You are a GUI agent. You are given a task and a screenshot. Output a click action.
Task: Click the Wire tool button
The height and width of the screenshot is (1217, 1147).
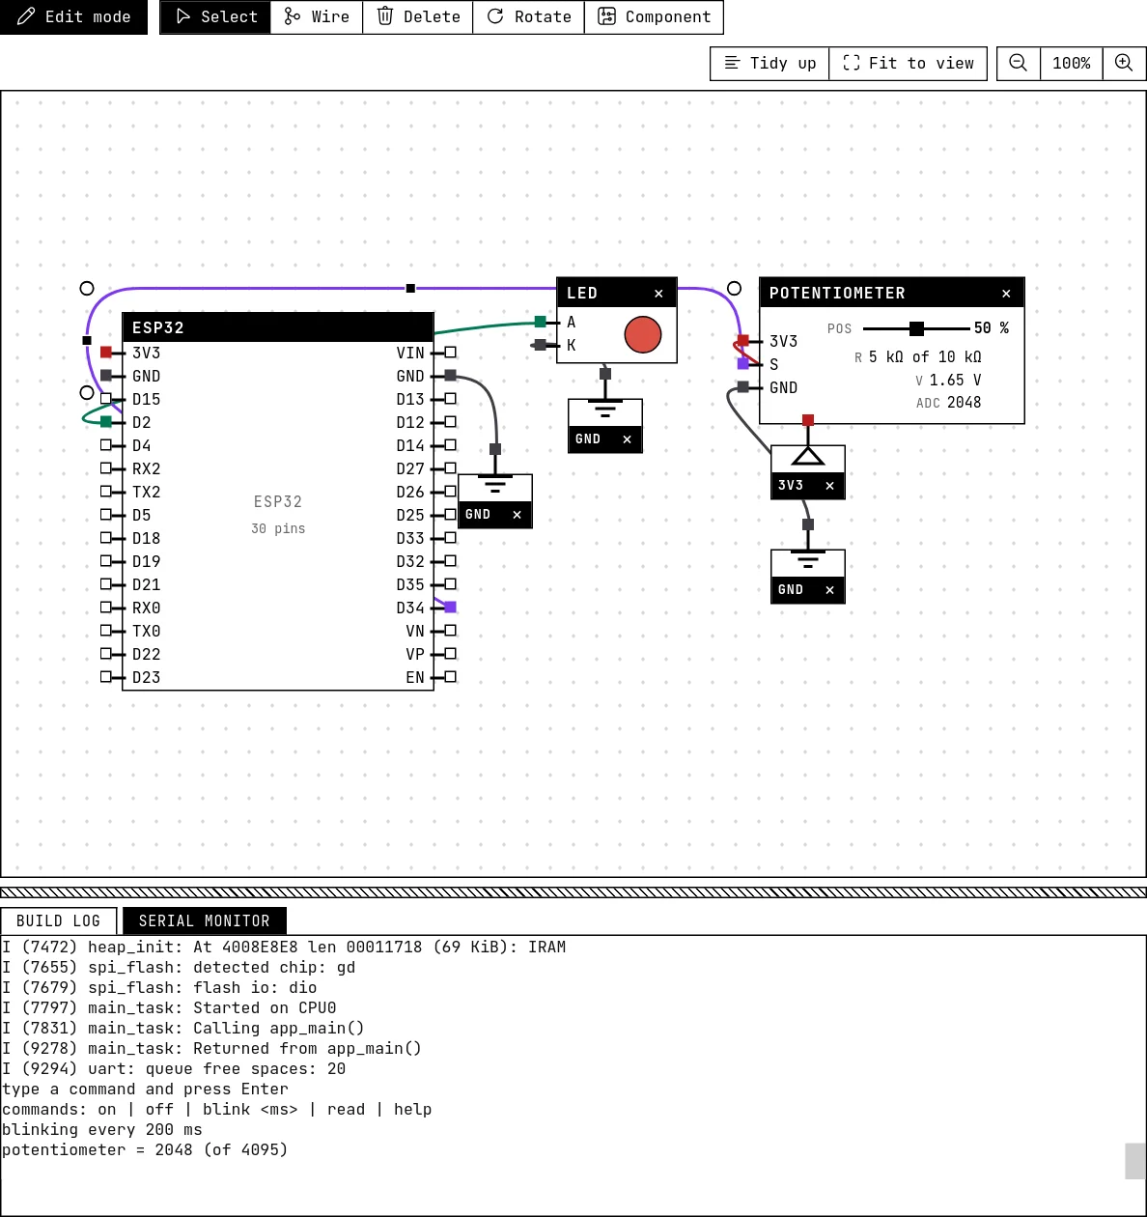click(316, 16)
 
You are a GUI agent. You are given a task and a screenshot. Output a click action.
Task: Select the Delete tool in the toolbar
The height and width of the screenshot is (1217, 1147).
click(418, 16)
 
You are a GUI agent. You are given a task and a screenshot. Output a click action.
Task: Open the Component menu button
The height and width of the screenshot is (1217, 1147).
click(654, 16)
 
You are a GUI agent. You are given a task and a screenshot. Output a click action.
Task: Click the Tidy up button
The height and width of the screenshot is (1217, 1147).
click(769, 63)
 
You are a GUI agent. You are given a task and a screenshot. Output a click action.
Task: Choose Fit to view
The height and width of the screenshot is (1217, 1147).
click(908, 63)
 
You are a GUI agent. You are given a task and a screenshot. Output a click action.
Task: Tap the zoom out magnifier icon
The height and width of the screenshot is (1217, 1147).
click(1019, 63)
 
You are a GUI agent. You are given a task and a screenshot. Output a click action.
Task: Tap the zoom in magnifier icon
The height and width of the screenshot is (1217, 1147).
click(1124, 63)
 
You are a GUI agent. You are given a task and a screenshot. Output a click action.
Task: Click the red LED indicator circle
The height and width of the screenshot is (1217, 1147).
click(643, 334)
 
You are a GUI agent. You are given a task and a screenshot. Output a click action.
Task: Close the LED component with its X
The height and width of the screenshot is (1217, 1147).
click(658, 294)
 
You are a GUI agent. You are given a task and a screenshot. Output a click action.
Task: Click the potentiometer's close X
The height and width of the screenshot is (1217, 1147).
click(1006, 294)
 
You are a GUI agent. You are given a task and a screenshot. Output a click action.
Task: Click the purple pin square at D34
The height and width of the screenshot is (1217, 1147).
click(450, 608)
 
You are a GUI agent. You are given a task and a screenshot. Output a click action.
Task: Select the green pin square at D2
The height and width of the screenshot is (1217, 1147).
click(106, 421)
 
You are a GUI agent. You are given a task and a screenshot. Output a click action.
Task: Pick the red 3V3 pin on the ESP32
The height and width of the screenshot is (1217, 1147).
click(106, 352)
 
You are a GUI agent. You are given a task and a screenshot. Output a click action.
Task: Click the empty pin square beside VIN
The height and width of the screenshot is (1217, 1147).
click(450, 352)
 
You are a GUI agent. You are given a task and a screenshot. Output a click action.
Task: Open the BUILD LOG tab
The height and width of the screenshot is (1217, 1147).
click(58, 921)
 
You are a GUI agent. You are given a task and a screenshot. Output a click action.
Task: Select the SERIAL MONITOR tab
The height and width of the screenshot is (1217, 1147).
click(204, 921)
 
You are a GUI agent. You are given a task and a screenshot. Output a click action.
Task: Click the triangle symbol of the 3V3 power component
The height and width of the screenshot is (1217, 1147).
click(807, 457)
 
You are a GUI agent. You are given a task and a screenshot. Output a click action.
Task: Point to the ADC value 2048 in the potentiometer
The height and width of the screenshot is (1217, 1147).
click(964, 403)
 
